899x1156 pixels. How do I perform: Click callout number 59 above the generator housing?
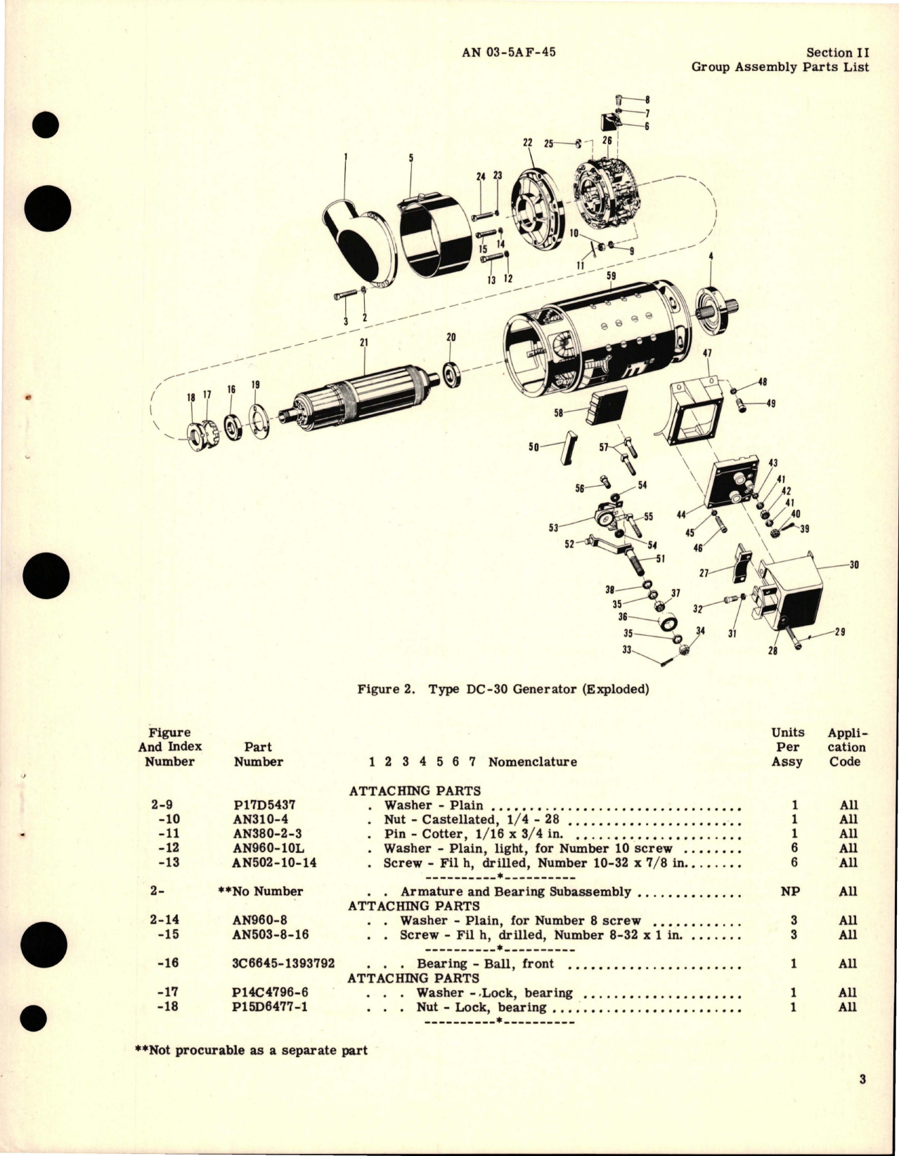point(611,276)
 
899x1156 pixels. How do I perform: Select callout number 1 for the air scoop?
point(345,156)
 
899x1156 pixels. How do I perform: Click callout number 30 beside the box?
point(854,564)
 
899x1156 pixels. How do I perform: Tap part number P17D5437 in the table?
point(259,805)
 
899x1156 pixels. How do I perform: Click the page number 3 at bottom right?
point(862,1100)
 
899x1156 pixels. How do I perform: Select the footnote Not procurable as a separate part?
point(251,1050)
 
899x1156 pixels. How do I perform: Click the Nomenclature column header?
point(532,762)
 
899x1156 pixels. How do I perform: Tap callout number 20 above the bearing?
point(451,338)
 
